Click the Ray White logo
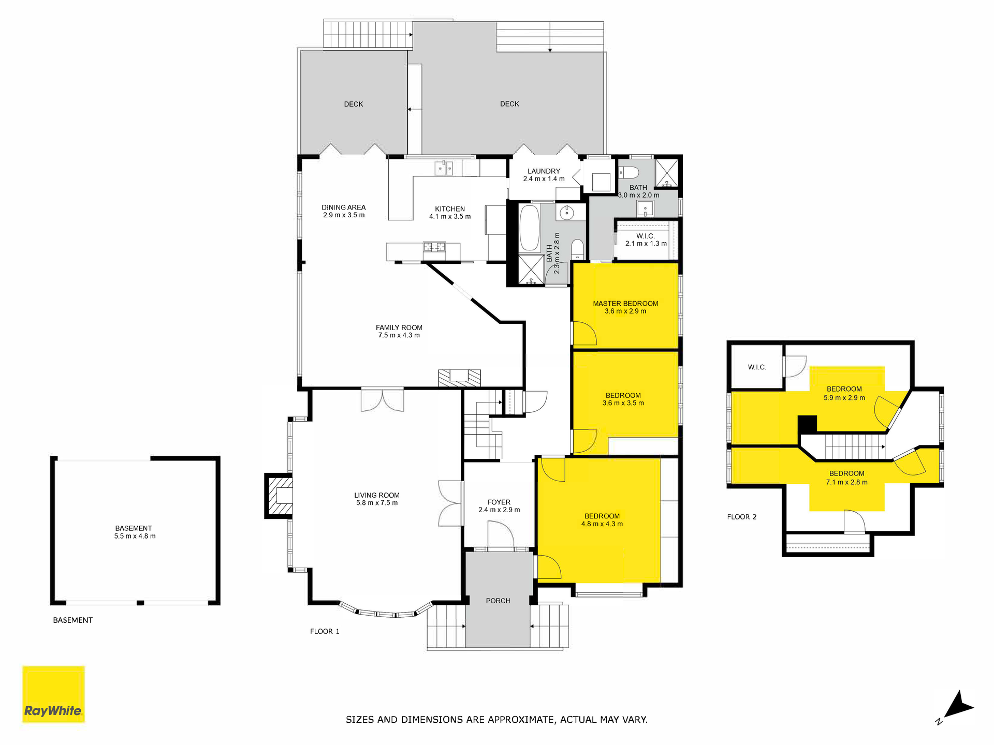[53, 694]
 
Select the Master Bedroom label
[625, 304]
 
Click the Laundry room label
[544, 171]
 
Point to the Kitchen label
[450, 209]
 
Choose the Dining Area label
[344, 207]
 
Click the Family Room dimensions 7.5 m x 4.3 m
[399, 335]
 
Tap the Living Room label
[377, 495]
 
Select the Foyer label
[499, 502]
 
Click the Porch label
[498, 601]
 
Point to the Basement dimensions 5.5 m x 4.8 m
[135, 536]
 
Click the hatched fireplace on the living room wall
[279, 496]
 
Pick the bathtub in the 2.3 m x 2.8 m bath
[529, 228]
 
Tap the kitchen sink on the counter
[444, 168]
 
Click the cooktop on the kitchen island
[434, 247]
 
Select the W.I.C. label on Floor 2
[757, 367]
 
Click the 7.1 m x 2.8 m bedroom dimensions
[847, 482]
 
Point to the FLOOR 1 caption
[325, 631]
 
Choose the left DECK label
[354, 104]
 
